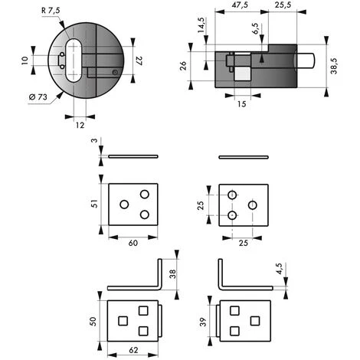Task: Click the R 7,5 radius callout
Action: click(x=51, y=11)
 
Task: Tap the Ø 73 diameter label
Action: click(x=38, y=97)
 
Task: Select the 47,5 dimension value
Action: click(x=240, y=5)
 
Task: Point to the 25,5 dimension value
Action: click(x=283, y=5)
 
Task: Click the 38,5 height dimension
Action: click(x=334, y=66)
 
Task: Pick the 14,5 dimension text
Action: click(x=201, y=25)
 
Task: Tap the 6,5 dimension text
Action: click(x=255, y=28)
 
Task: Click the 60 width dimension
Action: click(x=133, y=243)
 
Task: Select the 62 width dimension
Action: click(x=133, y=350)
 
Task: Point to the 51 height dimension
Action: click(x=94, y=204)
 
